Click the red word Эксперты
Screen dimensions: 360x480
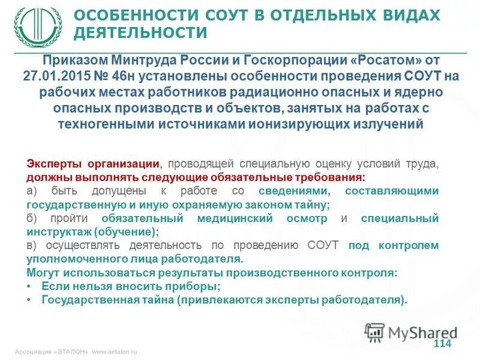point(55,164)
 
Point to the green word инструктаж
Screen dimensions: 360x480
point(58,232)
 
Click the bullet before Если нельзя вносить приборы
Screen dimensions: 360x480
point(30,287)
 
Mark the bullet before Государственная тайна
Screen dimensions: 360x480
point(30,300)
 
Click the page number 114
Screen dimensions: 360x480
point(441,343)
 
